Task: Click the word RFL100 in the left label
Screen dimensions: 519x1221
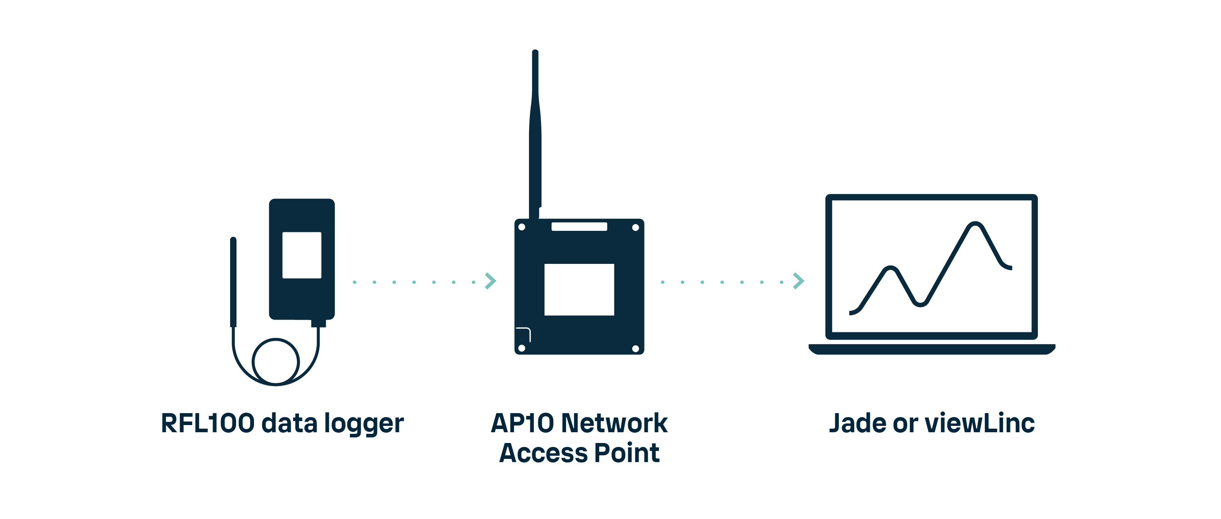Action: [207, 423]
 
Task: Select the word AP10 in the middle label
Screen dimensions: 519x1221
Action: [522, 423]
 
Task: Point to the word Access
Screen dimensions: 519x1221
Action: [543, 453]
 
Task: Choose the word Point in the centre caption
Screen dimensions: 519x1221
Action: [627, 453]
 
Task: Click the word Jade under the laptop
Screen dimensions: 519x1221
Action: [857, 423]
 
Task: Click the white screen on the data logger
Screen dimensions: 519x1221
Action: [302, 255]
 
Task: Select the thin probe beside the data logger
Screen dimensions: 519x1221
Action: [233, 282]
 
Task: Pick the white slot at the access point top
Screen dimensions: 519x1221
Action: [579, 226]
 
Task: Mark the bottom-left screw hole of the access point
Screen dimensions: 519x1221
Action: [522, 348]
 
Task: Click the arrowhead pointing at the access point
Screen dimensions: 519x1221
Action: [490, 281]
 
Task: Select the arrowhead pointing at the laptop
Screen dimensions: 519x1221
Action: [799, 281]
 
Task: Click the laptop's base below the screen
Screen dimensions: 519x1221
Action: [932, 349]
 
